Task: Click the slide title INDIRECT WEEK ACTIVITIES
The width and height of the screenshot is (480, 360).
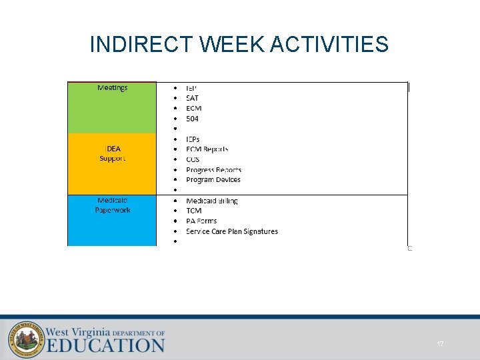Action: point(239,45)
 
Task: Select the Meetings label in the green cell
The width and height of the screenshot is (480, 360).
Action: point(113,88)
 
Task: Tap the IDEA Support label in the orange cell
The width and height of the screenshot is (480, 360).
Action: point(113,153)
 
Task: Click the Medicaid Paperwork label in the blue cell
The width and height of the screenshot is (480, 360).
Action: point(113,205)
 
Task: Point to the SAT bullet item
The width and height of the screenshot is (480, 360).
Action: point(192,98)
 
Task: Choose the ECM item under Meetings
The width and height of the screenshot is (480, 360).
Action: point(193,108)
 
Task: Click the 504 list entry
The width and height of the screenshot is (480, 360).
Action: point(192,119)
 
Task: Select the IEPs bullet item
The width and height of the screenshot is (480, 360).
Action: point(193,139)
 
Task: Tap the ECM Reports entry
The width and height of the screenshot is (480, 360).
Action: point(207,149)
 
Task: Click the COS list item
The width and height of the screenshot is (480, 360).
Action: point(193,159)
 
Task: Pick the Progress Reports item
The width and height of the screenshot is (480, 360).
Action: point(213,170)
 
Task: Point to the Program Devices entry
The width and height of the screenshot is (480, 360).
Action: point(213,179)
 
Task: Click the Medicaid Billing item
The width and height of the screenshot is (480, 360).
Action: point(212,201)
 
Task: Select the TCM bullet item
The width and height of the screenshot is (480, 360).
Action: point(193,211)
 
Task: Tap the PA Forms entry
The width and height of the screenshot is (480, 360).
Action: point(201,221)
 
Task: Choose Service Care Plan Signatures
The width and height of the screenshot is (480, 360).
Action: point(232,231)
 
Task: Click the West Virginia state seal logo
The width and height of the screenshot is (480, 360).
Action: point(25,338)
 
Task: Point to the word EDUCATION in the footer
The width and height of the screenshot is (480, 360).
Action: point(105,345)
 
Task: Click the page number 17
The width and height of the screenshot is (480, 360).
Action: point(440,343)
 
